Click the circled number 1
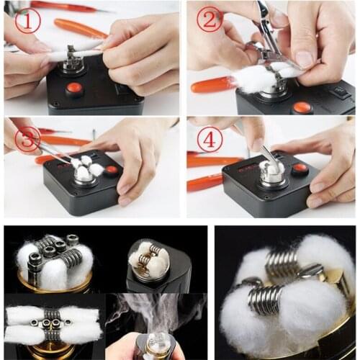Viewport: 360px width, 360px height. pyautogui.click(x=27, y=21)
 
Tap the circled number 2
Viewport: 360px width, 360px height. pyautogui.click(x=210, y=19)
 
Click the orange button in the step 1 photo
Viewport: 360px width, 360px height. pyautogui.click(x=74, y=89)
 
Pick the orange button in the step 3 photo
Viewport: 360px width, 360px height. pyautogui.click(x=111, y=170)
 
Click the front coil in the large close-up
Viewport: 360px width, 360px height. pyautogui.click(x=265, y=300)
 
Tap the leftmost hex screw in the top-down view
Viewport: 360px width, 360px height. pyautogui.click(x=34, y=323)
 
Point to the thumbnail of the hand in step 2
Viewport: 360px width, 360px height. pyautogui.click(x=303, y=59)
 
